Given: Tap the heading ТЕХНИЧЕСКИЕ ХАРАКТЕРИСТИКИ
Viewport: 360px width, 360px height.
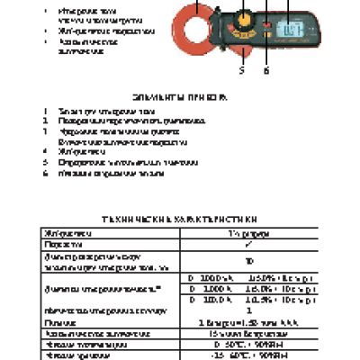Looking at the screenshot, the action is click(x=180, y=218).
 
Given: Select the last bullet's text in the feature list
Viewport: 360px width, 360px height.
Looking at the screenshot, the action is click(x=98, y=46).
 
